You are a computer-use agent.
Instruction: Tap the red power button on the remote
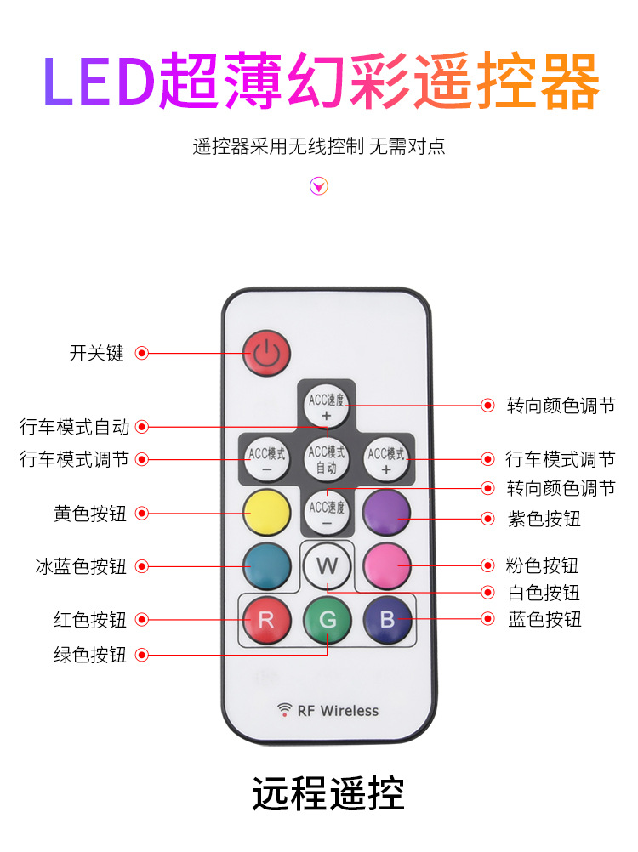point(266,353)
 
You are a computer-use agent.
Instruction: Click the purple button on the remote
point(387,513)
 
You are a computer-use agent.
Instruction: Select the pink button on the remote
point(387,565)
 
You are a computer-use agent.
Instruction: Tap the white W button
point(328,565)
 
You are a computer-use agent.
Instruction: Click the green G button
point(328,620)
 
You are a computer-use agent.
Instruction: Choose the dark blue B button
point(387,620)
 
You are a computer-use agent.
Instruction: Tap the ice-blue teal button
point(266,565)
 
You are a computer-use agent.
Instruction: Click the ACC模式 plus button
point(387,459)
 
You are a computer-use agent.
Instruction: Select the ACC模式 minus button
point(266,459)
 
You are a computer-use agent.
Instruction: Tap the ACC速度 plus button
point(328,406)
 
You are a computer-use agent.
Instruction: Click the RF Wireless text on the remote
point(337,710)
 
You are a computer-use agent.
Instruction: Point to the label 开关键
point(96,353)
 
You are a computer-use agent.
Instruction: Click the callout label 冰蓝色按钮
point(80,565)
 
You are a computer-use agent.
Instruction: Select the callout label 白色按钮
point(544,593)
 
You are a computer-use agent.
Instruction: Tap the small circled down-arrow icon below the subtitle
point(318,186)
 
